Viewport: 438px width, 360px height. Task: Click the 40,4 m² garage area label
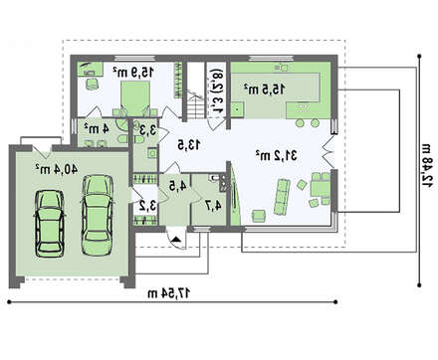(x=57, y=169)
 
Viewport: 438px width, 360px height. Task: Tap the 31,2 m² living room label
(x=277, y=155)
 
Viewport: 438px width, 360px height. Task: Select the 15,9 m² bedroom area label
(x=133, y=72)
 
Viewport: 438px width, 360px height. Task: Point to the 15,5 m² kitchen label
(x=265, y=89)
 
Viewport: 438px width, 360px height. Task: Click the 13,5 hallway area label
(x=188, y=145)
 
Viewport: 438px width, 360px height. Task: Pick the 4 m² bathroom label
(x=97, y=128)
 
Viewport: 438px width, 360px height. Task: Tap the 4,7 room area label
(x=213, y=206)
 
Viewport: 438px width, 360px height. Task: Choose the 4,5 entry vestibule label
(x=177, y=186)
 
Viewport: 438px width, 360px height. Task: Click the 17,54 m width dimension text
(x=169, y=293)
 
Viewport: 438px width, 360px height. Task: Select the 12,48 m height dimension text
(x=427, y=166)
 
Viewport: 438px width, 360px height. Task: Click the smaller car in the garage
(x=50, y=224)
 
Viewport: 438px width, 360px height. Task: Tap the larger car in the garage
(x=98, y=216)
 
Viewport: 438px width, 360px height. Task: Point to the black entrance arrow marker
(x=177, y=240)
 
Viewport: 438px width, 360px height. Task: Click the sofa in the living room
(x=282, y=197)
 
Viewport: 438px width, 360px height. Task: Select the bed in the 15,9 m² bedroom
(x=134, y=98)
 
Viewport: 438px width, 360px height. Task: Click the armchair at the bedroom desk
(x=93, y=84)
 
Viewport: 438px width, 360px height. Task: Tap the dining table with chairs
(x=320, y=189)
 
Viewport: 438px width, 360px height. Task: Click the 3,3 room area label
(x=147, y=129)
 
